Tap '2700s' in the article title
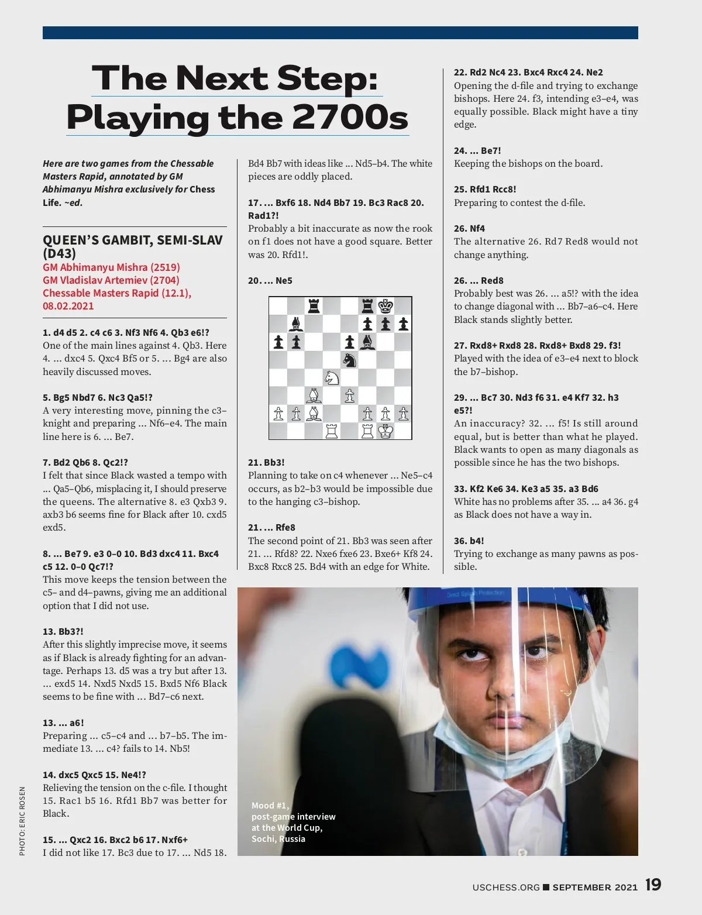click(349, 118)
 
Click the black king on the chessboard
click(386, 306)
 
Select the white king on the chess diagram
click(386, 431)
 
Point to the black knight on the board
click(349, 360)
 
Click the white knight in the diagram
click(332, 377)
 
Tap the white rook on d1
click(332, 431)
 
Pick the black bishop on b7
click(296, 324)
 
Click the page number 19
click(653, 885)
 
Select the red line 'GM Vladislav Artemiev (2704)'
click(111, 280)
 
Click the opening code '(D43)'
click(60, 254)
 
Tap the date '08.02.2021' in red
click(68, 306)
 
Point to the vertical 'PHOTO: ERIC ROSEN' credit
click(22, 821)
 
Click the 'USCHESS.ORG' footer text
click(506, 888)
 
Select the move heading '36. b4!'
click(469, 541)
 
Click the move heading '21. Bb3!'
click(266, 462)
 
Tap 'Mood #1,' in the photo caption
click(270, 806)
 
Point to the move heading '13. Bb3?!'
click(63, 631)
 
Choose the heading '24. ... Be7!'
click(477, 150)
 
